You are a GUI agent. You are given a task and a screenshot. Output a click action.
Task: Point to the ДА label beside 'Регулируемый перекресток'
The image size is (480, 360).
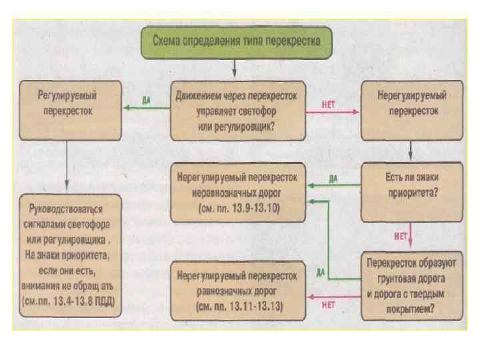pos(146,99)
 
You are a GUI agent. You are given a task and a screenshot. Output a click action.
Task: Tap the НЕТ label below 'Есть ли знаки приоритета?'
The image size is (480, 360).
pos(401,235)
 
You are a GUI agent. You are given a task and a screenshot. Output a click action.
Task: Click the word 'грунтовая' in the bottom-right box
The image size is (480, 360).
pos(393,283)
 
